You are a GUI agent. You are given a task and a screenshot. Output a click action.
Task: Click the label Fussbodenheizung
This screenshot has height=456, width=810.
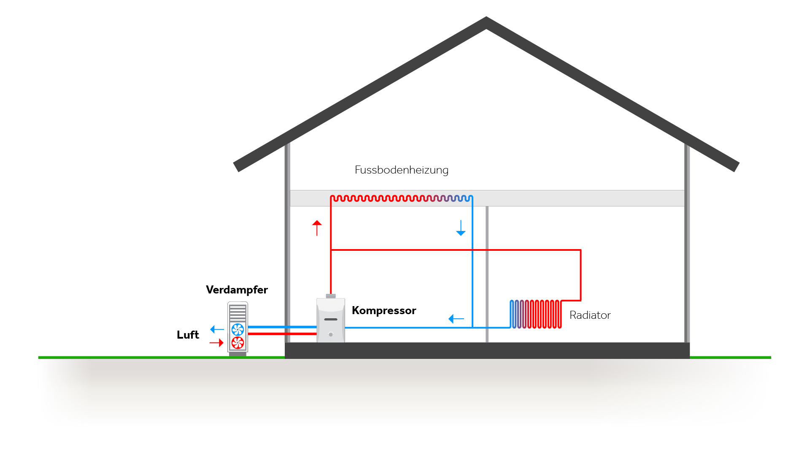click(x=401, y=170)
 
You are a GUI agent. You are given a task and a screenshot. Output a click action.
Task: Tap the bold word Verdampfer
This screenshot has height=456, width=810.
click(x=237, y=290)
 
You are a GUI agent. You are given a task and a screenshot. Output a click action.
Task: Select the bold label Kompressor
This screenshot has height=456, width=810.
click(x=383, y=310)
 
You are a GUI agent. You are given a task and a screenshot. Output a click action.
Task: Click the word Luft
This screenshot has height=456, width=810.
click(x=188, y=335)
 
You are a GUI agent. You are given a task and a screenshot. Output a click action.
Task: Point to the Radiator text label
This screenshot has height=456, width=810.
click(x=590, y=315)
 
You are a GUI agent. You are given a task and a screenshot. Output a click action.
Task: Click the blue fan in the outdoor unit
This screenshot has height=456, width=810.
click(x=238, y=329)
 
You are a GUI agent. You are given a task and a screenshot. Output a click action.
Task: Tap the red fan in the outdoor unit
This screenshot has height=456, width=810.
click(x=238, y=342)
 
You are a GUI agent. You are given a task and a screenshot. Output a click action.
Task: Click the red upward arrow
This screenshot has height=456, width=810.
click(x=317, y=228)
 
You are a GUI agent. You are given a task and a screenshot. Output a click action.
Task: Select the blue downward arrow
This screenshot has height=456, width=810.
click(x=461, y=228)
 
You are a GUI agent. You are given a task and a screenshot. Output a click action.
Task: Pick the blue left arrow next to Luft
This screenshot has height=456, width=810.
click(x=217, y=329)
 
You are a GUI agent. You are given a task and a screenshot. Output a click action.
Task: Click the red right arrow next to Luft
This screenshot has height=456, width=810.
click(x=216, y=342)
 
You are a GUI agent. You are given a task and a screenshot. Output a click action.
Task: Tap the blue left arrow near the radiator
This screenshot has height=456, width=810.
click(x=456, y=319)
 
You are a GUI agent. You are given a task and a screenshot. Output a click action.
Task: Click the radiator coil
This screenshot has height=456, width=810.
click(x=536, y=314)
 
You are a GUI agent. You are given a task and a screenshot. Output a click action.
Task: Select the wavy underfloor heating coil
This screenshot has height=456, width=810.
click(x=401, y=198)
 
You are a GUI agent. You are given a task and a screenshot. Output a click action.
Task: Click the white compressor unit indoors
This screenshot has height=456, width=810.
click(x=331, y=321)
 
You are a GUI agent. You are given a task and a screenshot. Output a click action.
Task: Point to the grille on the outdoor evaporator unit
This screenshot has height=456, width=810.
click(x=238, y=313)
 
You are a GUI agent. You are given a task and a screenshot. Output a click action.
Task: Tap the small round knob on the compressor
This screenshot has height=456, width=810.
click(x=331, y=334)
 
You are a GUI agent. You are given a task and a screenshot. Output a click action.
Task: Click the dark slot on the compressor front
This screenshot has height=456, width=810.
click(x=331, y=319)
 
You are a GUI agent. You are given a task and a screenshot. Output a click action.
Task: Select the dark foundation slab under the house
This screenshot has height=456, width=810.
click(x=487, y=350)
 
